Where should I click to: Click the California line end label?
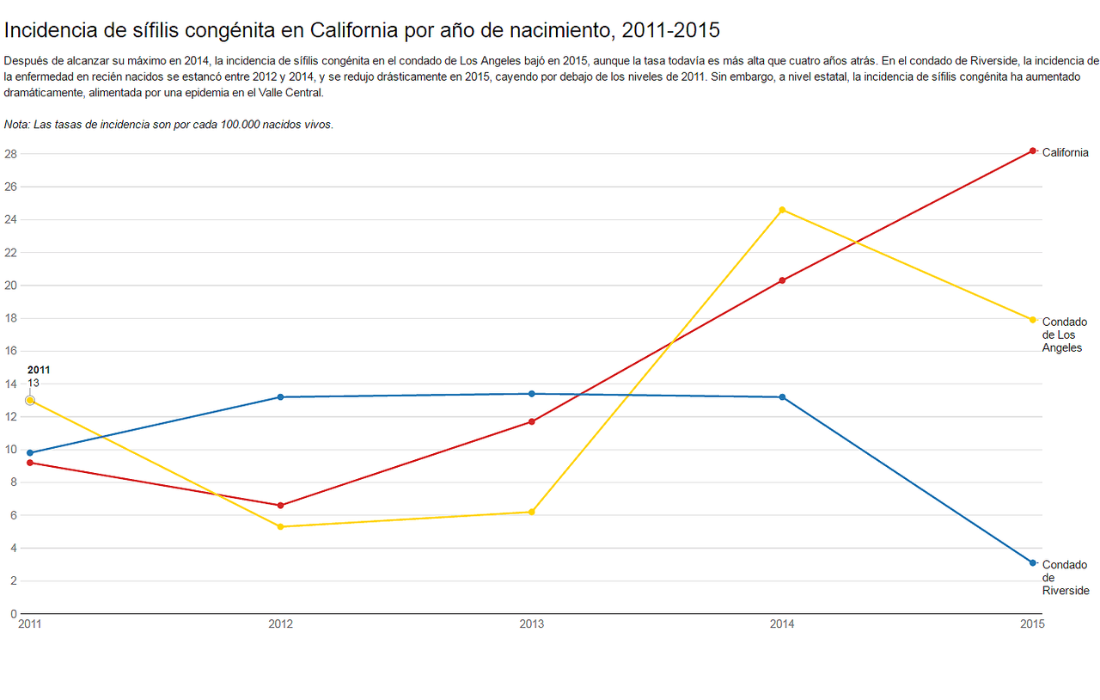pos(1065,153)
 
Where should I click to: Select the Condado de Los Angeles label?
pos(1064,335)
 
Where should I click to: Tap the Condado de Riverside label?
pos(1065,578)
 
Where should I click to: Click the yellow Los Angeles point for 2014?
pos(782,210)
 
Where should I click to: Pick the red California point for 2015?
pos(1032,150)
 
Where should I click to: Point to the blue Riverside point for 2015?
pos(1032,562)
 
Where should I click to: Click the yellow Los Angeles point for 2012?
pos(281,526)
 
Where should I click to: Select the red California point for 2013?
pos(532,421)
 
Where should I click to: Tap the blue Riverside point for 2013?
pos(532,394)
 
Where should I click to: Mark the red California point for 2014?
pos(782,280)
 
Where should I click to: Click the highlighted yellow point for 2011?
pos(30,400)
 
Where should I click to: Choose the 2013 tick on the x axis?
pos(532,624)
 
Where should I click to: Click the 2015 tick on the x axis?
pos(1032,624)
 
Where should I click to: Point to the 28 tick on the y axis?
pos(10,154)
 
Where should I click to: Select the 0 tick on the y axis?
pos(14,614)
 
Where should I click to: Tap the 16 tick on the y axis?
pos(10,351)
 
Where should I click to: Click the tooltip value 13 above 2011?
pos(34,383)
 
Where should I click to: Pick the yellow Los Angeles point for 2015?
pos(1032,320)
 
